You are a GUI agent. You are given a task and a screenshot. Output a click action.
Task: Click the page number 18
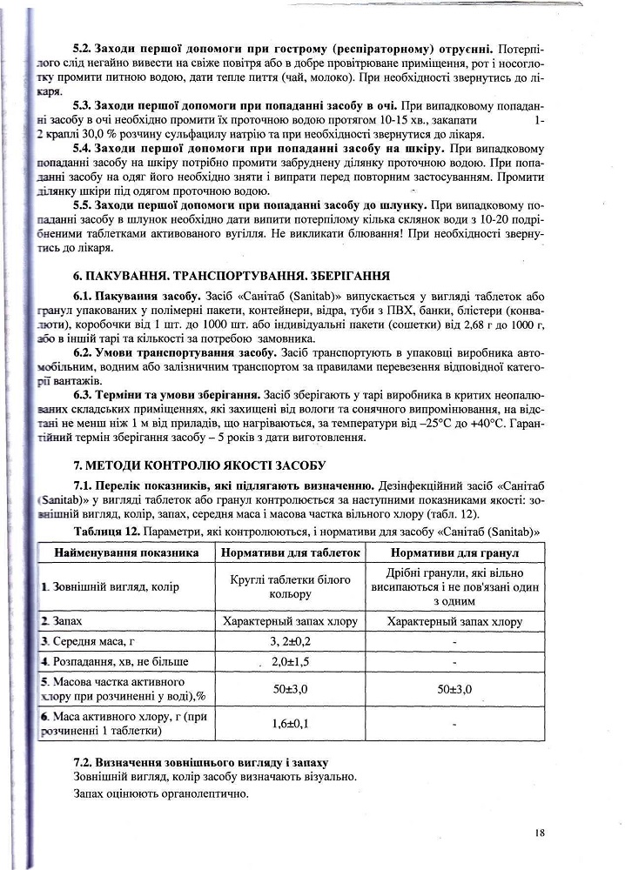click(x=540, y=833)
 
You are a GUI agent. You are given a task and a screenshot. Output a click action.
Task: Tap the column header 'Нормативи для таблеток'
click(x=290, y=552)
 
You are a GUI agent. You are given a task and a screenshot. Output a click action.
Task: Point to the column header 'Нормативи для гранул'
click(x=454, y=552)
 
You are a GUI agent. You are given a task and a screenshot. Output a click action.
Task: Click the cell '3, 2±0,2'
click(x=290, y=641)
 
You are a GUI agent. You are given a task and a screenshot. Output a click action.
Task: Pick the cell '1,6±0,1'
click(x=290, y=722)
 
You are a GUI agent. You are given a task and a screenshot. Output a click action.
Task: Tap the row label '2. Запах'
click(x=63, y=621)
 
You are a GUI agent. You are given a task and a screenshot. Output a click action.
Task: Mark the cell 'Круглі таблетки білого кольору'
click(x=290, y=586)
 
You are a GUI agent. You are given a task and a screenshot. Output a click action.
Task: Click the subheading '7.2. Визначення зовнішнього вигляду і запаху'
click(x=200, y=762)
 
